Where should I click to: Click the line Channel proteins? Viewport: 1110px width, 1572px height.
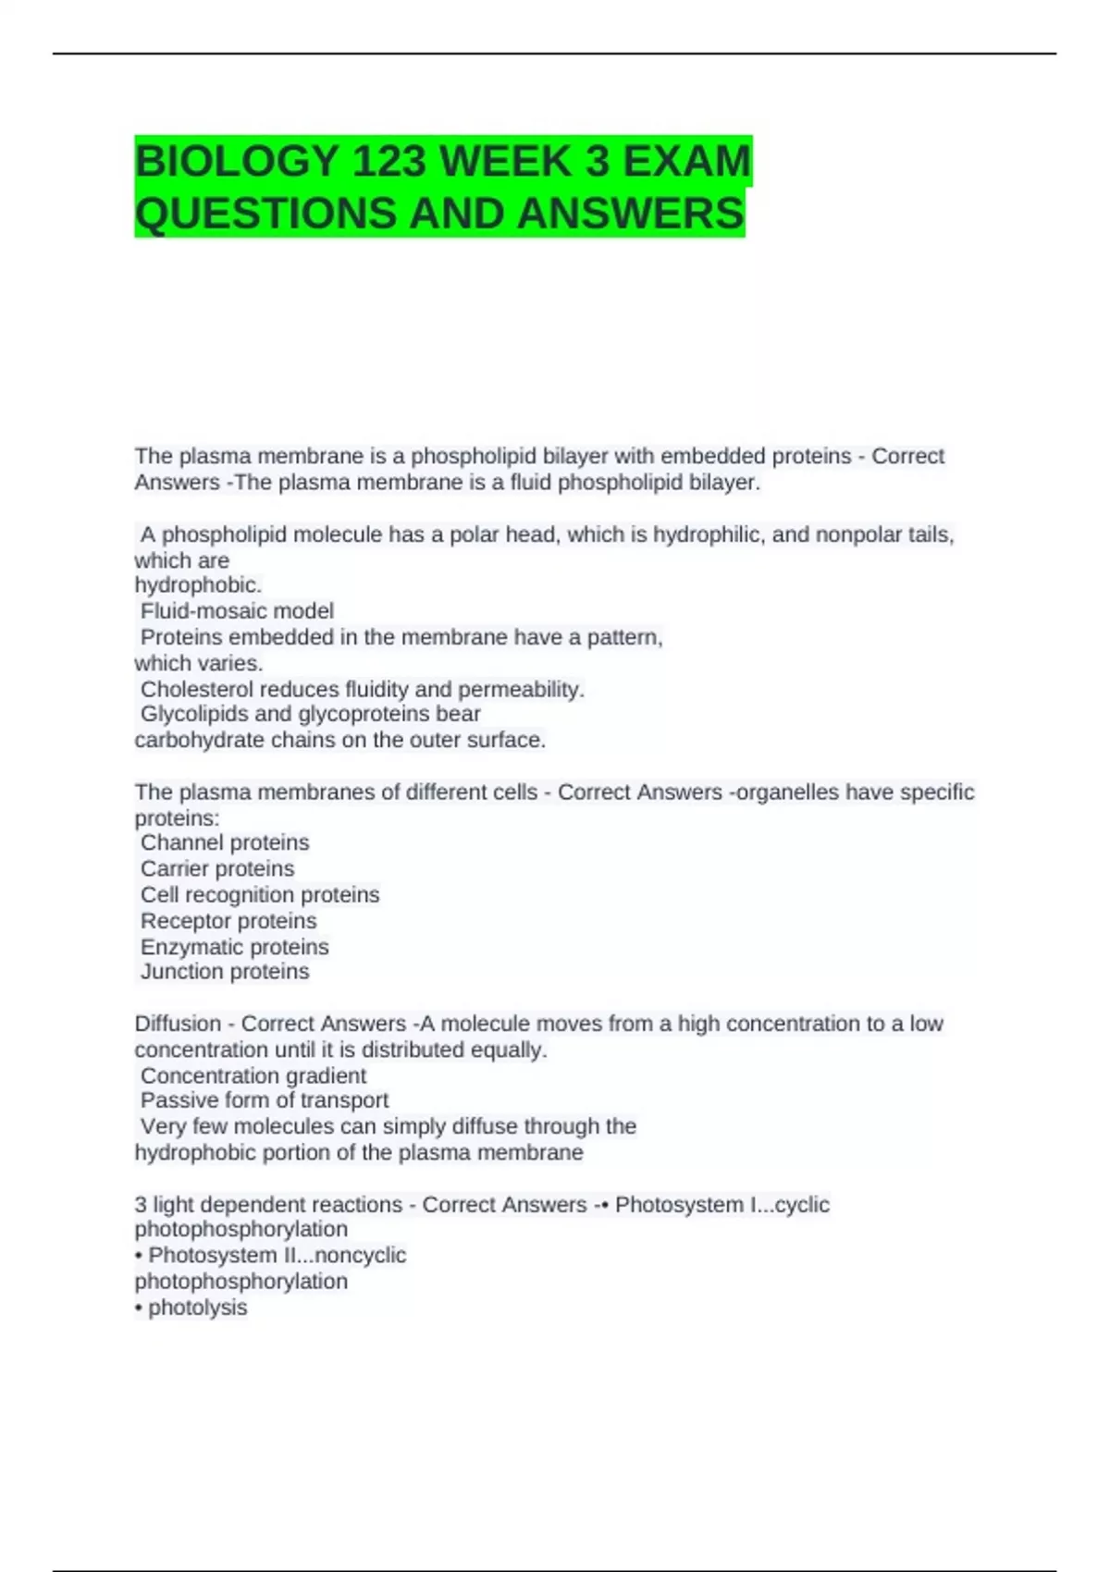225,842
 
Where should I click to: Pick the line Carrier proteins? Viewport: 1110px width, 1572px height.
217,868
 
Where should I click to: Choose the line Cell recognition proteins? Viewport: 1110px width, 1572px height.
260,895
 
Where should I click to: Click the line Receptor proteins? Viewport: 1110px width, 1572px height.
228,921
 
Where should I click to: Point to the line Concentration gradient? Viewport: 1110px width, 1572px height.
253,1075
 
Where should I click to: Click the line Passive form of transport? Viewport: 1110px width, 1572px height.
265,1100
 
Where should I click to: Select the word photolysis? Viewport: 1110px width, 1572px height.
198,1308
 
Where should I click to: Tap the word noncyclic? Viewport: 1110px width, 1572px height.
361,1256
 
